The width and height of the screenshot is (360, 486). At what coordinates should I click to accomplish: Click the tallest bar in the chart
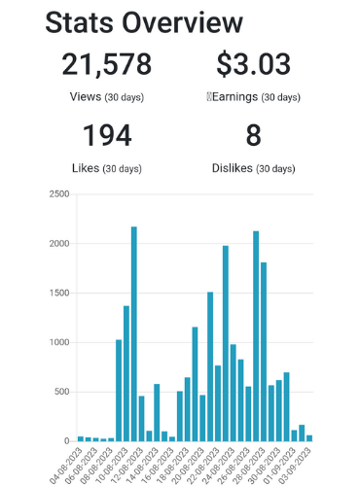click(x=134, y=333)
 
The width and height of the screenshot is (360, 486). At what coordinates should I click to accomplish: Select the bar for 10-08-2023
click(x=126, y=373)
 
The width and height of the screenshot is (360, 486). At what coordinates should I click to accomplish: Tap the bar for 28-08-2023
click(x=264, y=352)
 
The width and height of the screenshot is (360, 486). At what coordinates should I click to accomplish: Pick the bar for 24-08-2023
click(x=233, y=393)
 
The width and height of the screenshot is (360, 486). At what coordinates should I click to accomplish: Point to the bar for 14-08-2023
click(x=157, y=412)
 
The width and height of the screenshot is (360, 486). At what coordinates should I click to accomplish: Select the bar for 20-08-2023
click(x=202, y=418)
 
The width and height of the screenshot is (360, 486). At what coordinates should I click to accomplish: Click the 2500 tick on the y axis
click(x=59, y=194)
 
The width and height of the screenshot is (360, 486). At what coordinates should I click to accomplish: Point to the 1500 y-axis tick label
click(x=59, y=293)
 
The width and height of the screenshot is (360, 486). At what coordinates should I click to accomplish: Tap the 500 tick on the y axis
click(x=61, y=392)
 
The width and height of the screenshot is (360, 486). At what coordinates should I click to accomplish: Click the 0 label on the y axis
click(x=67, y=441)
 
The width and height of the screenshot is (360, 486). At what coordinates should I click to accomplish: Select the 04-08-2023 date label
click(x=67, y=465)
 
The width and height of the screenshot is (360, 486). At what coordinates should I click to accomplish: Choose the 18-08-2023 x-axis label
click(x=173, y=465)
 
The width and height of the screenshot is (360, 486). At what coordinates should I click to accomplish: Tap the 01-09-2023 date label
click(x=280, y=465)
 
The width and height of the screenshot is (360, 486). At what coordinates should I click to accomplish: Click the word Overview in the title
click(x=182, y=22)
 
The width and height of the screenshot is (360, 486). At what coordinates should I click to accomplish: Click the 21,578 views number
click(x=107, y=64)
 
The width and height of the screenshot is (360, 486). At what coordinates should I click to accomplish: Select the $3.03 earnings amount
click(x=253, y=64)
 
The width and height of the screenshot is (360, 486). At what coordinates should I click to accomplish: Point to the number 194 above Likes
click(x=107, y=135)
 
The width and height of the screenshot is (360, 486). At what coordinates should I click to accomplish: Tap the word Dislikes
click(x=233, y=168)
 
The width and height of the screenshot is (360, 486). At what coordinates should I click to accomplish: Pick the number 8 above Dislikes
click(x=253, y=135)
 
